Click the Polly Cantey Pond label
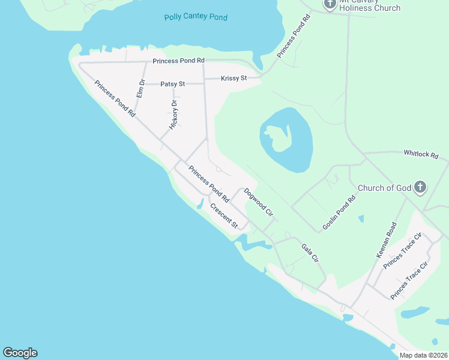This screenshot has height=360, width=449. (196, 17)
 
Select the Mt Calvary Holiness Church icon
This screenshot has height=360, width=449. (330, 4)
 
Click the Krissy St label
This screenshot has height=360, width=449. (234, 79)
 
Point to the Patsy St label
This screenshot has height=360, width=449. (173, 85)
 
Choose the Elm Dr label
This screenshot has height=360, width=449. (141, 89)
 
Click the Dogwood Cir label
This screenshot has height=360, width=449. (259, 203)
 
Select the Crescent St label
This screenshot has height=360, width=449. (224, 216)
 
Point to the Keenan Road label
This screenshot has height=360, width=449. (387, 240)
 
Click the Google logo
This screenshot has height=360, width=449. (20, 353)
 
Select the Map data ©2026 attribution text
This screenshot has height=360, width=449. (423, 355)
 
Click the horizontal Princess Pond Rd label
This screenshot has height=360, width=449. (178, 61)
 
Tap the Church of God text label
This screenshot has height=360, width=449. (384, 188)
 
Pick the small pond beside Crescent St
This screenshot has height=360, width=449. (199, 205)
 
